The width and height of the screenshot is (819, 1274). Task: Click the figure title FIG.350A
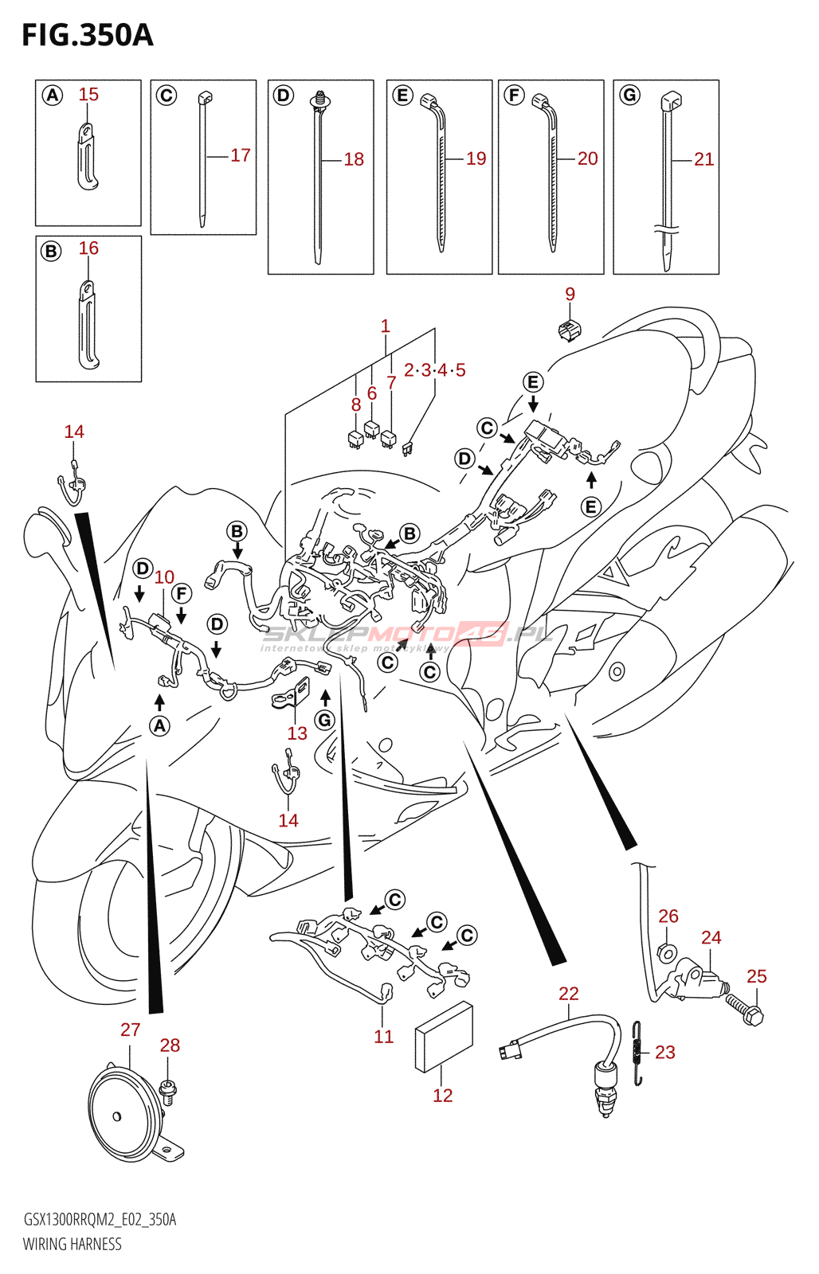click(87, 35)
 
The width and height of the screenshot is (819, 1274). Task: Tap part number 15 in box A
click(88, 95)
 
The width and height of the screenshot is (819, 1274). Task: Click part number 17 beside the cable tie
click(241, 155)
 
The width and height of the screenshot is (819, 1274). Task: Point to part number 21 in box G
click(703, 159)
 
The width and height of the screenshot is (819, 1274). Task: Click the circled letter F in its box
click(515, 96)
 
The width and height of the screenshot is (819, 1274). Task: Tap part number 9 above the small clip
click(570, 294)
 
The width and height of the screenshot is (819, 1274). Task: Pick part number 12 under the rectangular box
click(443, 1096)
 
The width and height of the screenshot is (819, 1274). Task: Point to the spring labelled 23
click(637, 1053)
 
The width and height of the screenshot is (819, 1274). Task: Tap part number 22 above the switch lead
click(569, 994)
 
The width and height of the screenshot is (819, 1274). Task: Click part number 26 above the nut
click(668, 916)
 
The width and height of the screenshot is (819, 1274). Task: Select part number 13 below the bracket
click(297, 733)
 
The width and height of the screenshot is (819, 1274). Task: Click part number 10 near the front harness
click(164, 577)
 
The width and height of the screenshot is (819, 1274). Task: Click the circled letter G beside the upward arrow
click(324, 721)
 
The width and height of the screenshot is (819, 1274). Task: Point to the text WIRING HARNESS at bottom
click(72, 1244)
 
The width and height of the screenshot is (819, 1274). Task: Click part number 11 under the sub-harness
click(384, 1037)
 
